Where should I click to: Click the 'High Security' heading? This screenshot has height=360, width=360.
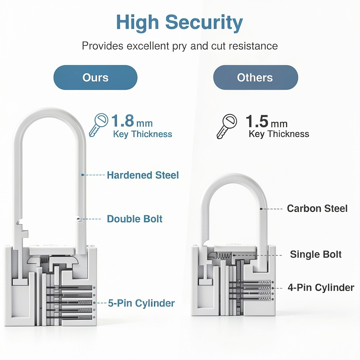click(x=179, y=23)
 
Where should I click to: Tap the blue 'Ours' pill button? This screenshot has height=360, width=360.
click(x=95, y=77)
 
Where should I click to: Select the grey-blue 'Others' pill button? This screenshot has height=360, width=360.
click(x=256, y=77)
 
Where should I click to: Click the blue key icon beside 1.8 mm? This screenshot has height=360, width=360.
click(x=98, y=125)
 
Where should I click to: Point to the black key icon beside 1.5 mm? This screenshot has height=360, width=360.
click(x=227, y=126)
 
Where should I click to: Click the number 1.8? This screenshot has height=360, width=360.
click(x=123, y=121)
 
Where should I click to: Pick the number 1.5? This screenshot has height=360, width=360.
click(x=257, y=121)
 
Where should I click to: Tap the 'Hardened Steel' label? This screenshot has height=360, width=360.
click(x=143, y=175)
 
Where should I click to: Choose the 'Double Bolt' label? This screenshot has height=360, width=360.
click(x=135, y=219)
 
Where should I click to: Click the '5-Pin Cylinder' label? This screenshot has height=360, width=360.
click(x=141, y=303)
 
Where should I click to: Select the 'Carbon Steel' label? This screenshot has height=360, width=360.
click(x=317, y=208)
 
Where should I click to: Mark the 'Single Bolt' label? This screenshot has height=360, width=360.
click(x=316, y=255)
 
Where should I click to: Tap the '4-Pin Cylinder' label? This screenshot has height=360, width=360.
click(x=321, y=288)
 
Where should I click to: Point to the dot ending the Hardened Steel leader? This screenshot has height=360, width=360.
click(x=82, y=175)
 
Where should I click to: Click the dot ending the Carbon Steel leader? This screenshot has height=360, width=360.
click(x=261, y=209)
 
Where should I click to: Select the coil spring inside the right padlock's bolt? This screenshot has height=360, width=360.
click(x=223, y=256)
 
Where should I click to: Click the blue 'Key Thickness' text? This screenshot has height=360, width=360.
click(x=143, y=134)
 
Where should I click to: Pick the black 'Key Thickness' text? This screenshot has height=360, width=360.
click(x=279, y=134)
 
